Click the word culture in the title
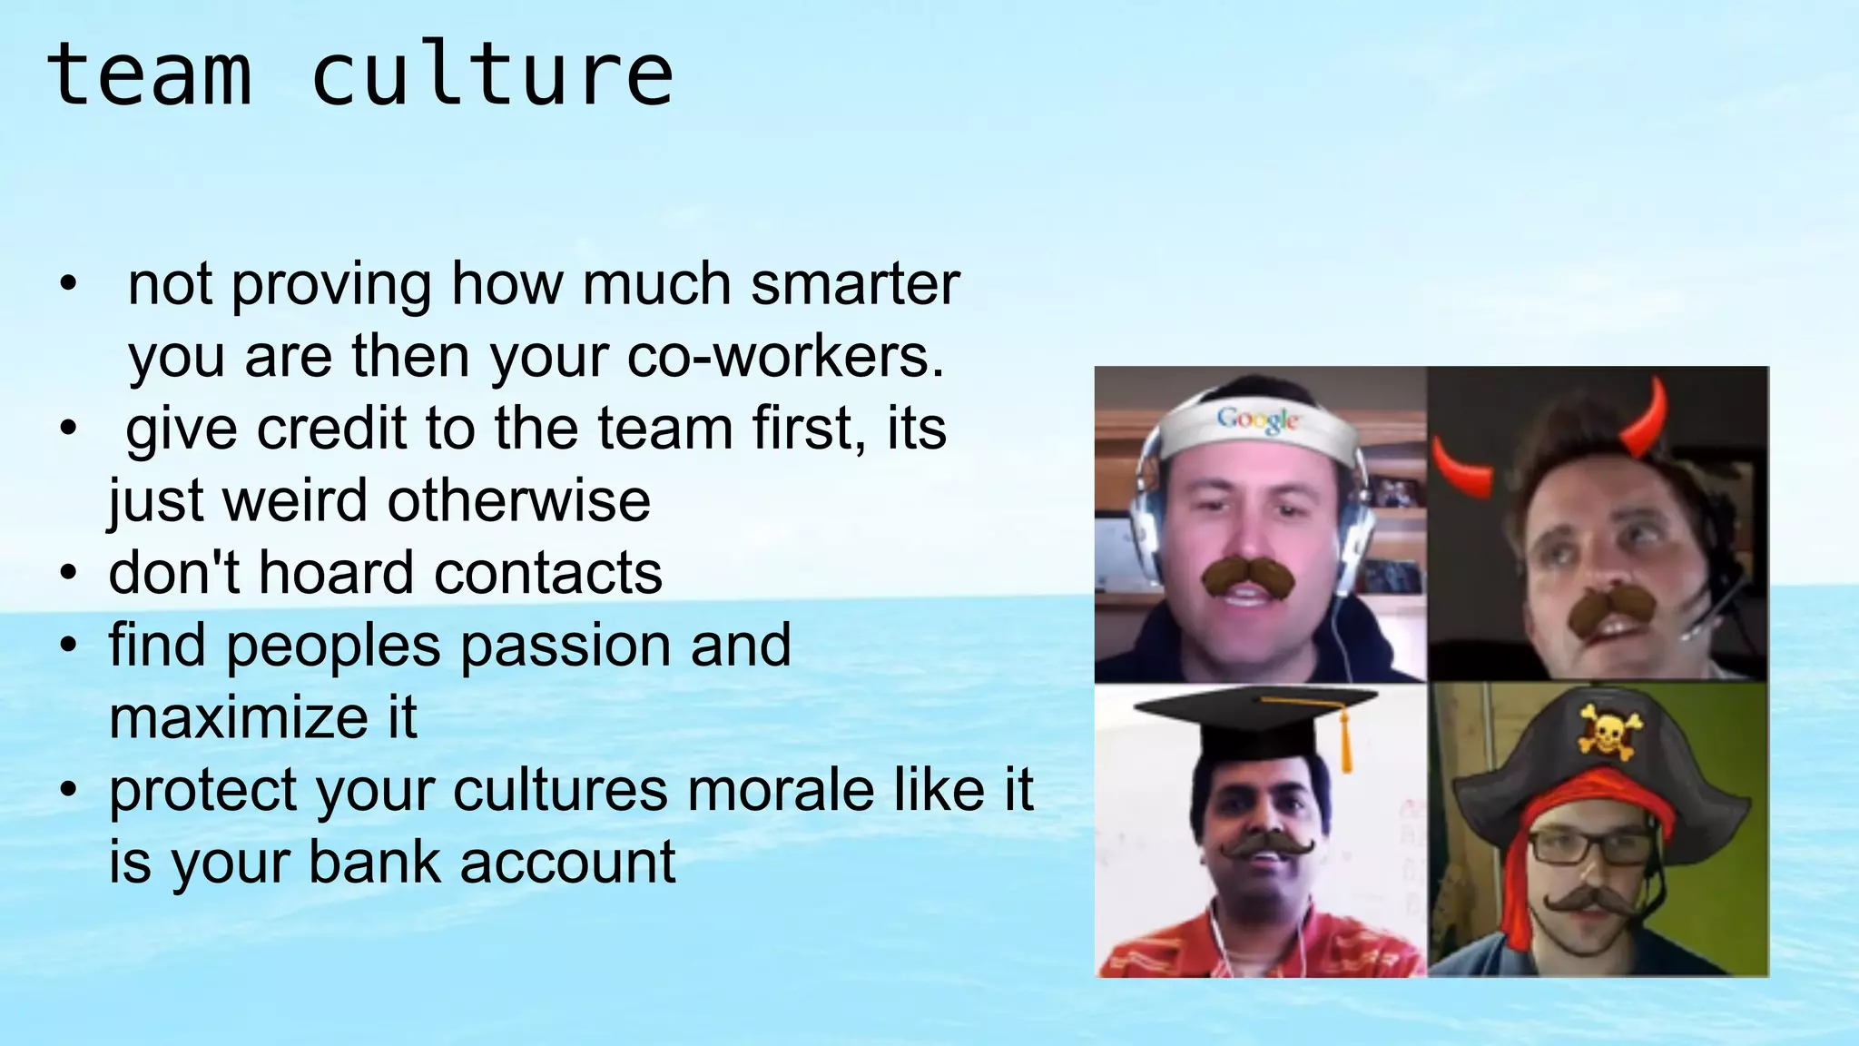point(492,76)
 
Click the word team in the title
point(149,76)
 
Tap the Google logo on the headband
point(1258,419)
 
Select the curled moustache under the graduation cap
point(1267,845)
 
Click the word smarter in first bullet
point(855,285)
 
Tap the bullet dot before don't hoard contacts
point(69,575)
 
